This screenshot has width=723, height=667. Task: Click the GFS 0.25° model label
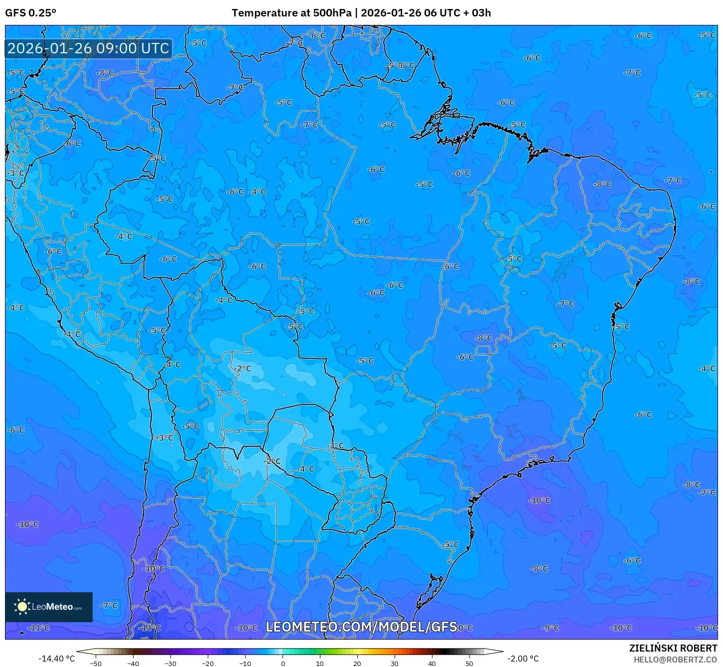[30, 13]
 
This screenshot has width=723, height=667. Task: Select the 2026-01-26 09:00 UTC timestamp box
[89, 48]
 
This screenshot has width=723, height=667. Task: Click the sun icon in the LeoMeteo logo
[22, 606]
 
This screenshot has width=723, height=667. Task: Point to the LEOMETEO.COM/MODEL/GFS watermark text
[361, 627]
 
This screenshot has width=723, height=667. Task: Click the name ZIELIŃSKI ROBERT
[673, 649]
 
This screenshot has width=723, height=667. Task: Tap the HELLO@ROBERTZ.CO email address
[675, 660]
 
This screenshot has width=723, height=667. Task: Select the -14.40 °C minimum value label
[57, 659]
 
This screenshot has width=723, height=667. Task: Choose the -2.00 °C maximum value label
[523, 659]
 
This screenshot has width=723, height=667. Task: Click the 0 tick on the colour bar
[283, 664]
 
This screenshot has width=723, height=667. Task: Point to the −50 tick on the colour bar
[95, 664]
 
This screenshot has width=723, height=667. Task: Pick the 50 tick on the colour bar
[469, 664]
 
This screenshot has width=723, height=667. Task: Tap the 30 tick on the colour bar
[395, 664]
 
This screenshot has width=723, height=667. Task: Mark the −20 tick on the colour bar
[207, 664]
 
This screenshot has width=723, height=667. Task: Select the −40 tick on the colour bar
[133, 664]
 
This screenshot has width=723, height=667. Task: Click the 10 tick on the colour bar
[320, 664]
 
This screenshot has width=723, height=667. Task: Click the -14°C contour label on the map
[149, 628]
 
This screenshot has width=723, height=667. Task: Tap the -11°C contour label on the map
[39, 628]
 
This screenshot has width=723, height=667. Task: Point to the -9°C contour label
[550, 628]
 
